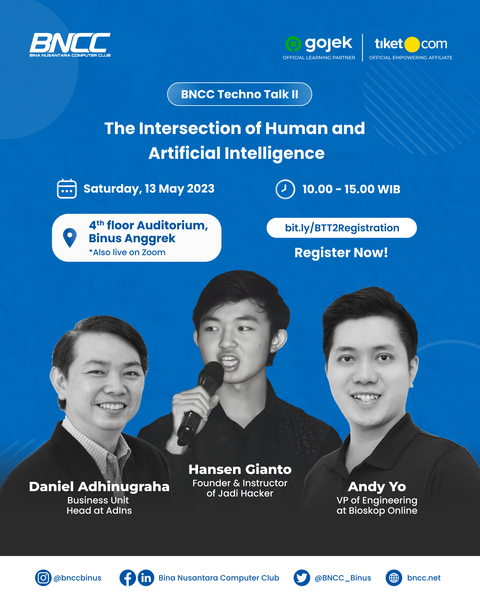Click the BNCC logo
click(x=70, y=45)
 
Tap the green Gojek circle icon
click(x=293, y=44)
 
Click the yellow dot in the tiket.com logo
click(x=412, y=44)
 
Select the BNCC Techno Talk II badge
click(x=240, y=94)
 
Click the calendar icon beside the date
click(x=67, y=189)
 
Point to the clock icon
click(x=285, y=189)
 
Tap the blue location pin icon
click(x=70, y=238)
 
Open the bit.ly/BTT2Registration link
click(x=342, y=228)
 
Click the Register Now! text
click(x=341, y=253)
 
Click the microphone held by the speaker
click(x=201, y=401)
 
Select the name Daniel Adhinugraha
click(x=99, y=486)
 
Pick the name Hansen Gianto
click(x=240, y=469)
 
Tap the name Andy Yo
click(x=377, y=486)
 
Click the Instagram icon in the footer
click(x=43, y=578)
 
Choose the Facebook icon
click(x=128, y=578)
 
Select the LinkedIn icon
click(x=146, y=578)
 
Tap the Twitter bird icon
click(x=302, y=578)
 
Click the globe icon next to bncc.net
click(x=394, y=578)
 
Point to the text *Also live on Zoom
click(x=127, y=252)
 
